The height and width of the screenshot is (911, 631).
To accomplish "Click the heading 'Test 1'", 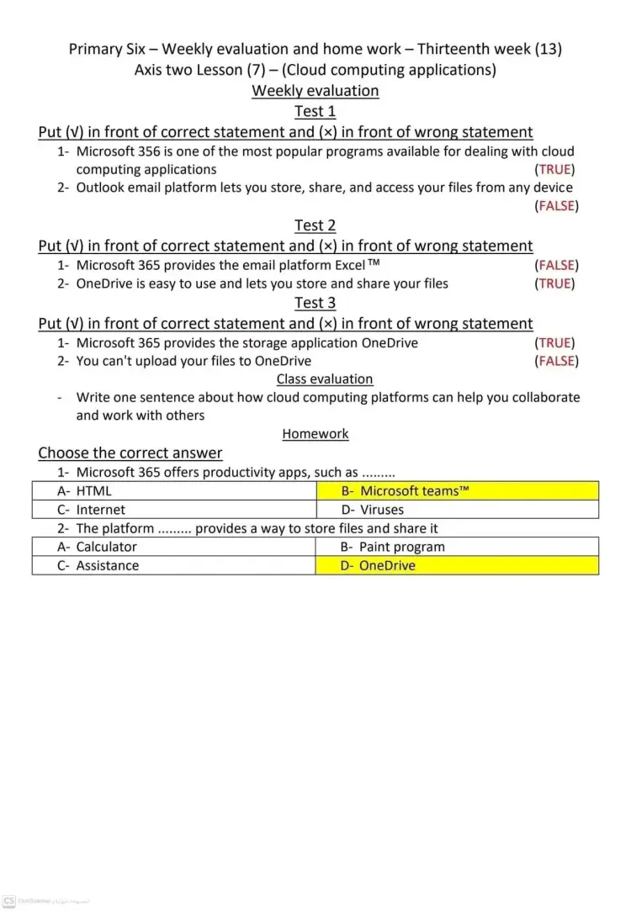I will pyautogui.click(x=315, y=111).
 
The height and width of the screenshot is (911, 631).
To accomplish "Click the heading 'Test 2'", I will pyautogui.click(x=315, y=225).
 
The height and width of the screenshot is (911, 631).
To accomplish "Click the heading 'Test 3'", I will pyautogui.click(x=315, y=303).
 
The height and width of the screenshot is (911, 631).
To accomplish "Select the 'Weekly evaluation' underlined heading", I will pyautogui.click(x=315, y=91).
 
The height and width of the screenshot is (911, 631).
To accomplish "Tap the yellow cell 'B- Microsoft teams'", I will pyautogui.click(x=457, y=491).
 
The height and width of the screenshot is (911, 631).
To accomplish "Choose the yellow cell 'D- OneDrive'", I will pyautogui.click(x=457, y=565).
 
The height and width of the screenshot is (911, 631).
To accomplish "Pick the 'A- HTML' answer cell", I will pyautogui.click(x=174, y=491).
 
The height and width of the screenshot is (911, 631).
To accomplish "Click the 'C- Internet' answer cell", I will pyautogui.click(x=174, y=510).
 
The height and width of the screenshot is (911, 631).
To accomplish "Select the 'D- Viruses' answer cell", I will pyautogui.click(x=457, y=510).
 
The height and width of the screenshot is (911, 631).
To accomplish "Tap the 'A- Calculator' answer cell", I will pyautogui.click(x=174, y=547).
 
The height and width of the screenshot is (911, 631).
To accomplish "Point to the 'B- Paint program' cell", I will pyautogui.click(x=457, y=547).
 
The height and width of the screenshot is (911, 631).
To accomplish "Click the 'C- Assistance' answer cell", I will pyautogui.click(x=174, y=565).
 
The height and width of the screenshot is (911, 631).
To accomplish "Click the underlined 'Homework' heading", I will pyautogui.click(x=315, y=434).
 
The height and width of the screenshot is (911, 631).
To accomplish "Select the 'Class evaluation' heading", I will pyautogui.click(x=325, y=379).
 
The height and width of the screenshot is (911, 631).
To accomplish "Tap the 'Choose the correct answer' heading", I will pyautogui.click(x=130, y=453).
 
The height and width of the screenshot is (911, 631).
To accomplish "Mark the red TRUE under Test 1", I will pyautogui.click(x=555, y=169).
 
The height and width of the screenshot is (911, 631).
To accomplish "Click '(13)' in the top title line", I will pyautogui.click(x=548, y=49).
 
